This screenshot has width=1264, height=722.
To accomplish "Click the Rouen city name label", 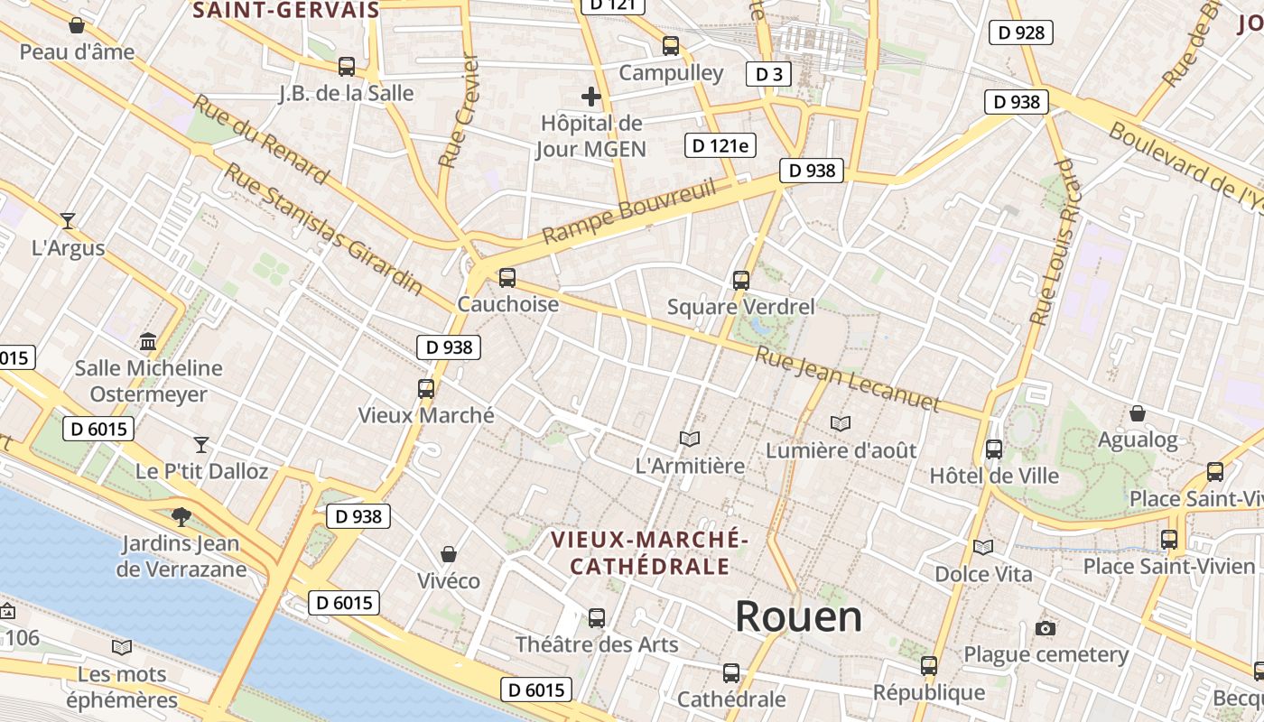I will (798, 617).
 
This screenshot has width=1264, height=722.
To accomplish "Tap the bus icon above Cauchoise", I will (507, 277).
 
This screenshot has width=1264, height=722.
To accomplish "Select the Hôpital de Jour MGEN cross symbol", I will (591, 96).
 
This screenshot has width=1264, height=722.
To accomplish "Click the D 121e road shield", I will (720, 145).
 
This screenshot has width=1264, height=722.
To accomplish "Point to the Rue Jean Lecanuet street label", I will (847, 379).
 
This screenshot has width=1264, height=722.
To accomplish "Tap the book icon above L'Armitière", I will (690, 439).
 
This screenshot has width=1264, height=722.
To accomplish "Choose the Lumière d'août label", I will (841, 449).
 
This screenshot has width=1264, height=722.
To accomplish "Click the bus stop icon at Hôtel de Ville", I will (994, 449).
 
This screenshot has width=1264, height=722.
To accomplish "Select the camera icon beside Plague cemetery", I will (1046, 628).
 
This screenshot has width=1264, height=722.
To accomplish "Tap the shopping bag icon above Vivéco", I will (449, 553).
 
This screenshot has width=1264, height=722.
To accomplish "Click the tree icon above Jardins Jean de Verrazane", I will (181, 516).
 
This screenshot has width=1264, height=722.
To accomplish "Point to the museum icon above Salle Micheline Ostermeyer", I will (148, 341).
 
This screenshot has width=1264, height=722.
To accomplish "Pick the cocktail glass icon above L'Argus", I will (68, 220).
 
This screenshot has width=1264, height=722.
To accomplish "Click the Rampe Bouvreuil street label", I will (628, 212).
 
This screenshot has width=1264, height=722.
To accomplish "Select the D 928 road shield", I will (1021, 33).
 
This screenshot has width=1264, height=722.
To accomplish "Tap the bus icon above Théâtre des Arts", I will (597, 618).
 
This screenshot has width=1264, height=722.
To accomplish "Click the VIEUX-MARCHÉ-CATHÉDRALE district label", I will (648, 553).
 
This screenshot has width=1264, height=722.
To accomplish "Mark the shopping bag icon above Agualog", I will (1138, 413).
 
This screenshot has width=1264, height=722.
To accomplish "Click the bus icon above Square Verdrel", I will (741, 280).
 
